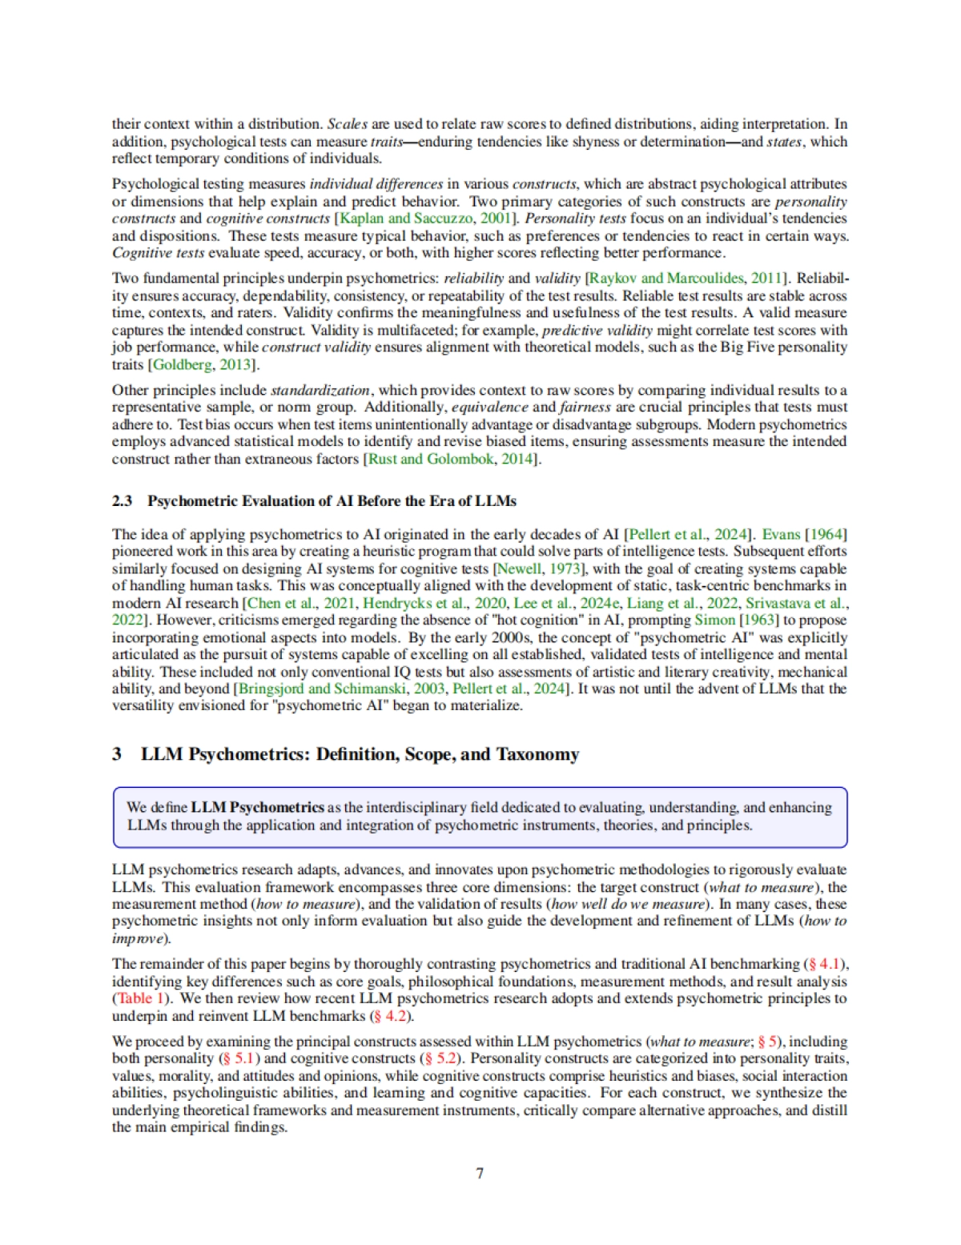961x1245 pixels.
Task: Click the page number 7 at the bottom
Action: (480, 1173)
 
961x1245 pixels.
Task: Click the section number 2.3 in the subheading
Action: (122, 501)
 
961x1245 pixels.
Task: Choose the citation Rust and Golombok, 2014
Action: (452, 459)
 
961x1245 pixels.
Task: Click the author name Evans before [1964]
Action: (780, 535)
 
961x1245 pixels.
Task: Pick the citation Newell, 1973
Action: (539, 569)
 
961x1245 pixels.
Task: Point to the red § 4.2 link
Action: (391, 1016)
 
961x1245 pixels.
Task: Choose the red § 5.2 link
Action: (440, 1058)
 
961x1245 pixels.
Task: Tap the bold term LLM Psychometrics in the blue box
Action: (257, 807)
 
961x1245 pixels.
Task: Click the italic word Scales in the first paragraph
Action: (347, 124)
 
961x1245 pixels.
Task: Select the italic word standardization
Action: (320, 391)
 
